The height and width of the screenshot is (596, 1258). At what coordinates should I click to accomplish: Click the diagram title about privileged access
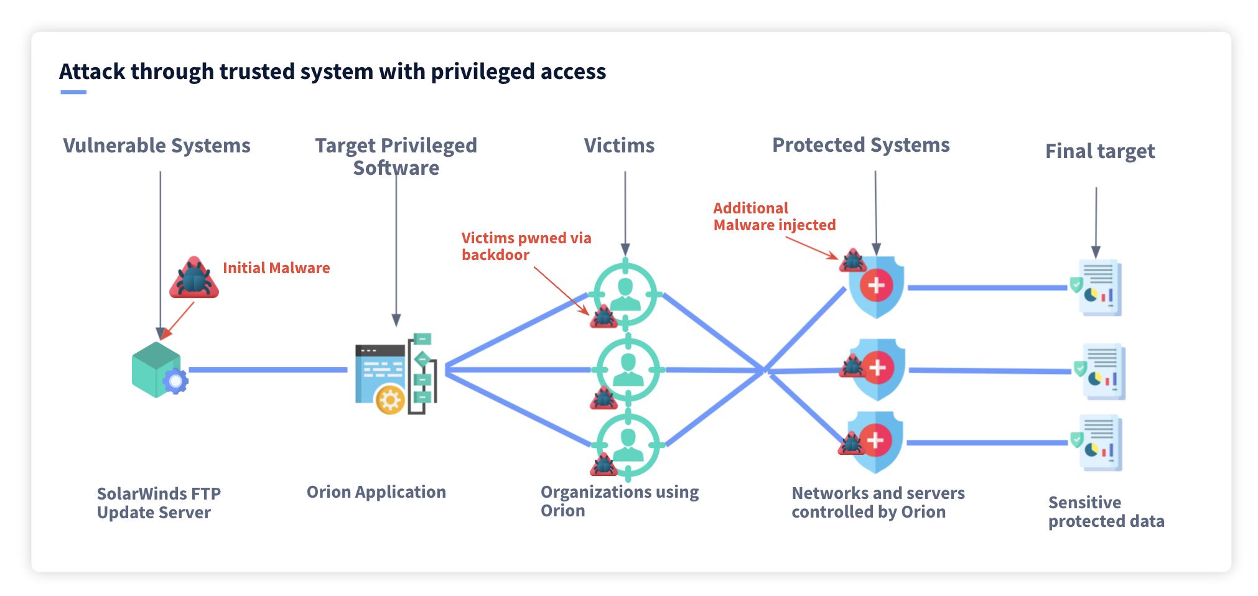[332, 72]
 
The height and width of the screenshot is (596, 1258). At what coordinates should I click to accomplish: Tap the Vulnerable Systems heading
[157, 146]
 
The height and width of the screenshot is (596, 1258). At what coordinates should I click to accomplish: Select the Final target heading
[1099, 151]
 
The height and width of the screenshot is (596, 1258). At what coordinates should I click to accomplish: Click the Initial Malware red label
[276, 268]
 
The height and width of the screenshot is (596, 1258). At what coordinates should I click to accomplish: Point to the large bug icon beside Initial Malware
[194, 278]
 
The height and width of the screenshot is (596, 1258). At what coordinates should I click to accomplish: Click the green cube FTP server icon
[155, 368]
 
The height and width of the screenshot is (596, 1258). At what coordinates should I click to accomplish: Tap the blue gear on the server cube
[176, 381]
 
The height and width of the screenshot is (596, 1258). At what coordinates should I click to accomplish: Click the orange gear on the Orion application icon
[391, 400]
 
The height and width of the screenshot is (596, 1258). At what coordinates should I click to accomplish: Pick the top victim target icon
[625, 294]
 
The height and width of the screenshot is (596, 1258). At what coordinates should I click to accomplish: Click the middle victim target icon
[628, 369]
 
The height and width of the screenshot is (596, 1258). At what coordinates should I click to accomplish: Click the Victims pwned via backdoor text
[526, 246]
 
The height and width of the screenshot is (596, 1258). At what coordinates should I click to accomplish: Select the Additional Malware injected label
[774, 217]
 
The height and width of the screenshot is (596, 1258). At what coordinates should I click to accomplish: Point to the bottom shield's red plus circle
[875, 440]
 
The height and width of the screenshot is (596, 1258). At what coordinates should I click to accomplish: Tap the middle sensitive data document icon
[1104, 371]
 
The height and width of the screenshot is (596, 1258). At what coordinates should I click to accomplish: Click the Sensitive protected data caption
[1106, 511]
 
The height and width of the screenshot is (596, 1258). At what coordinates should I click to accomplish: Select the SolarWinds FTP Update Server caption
[159, 503]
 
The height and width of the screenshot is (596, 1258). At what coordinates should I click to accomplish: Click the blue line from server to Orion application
[268, 370]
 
